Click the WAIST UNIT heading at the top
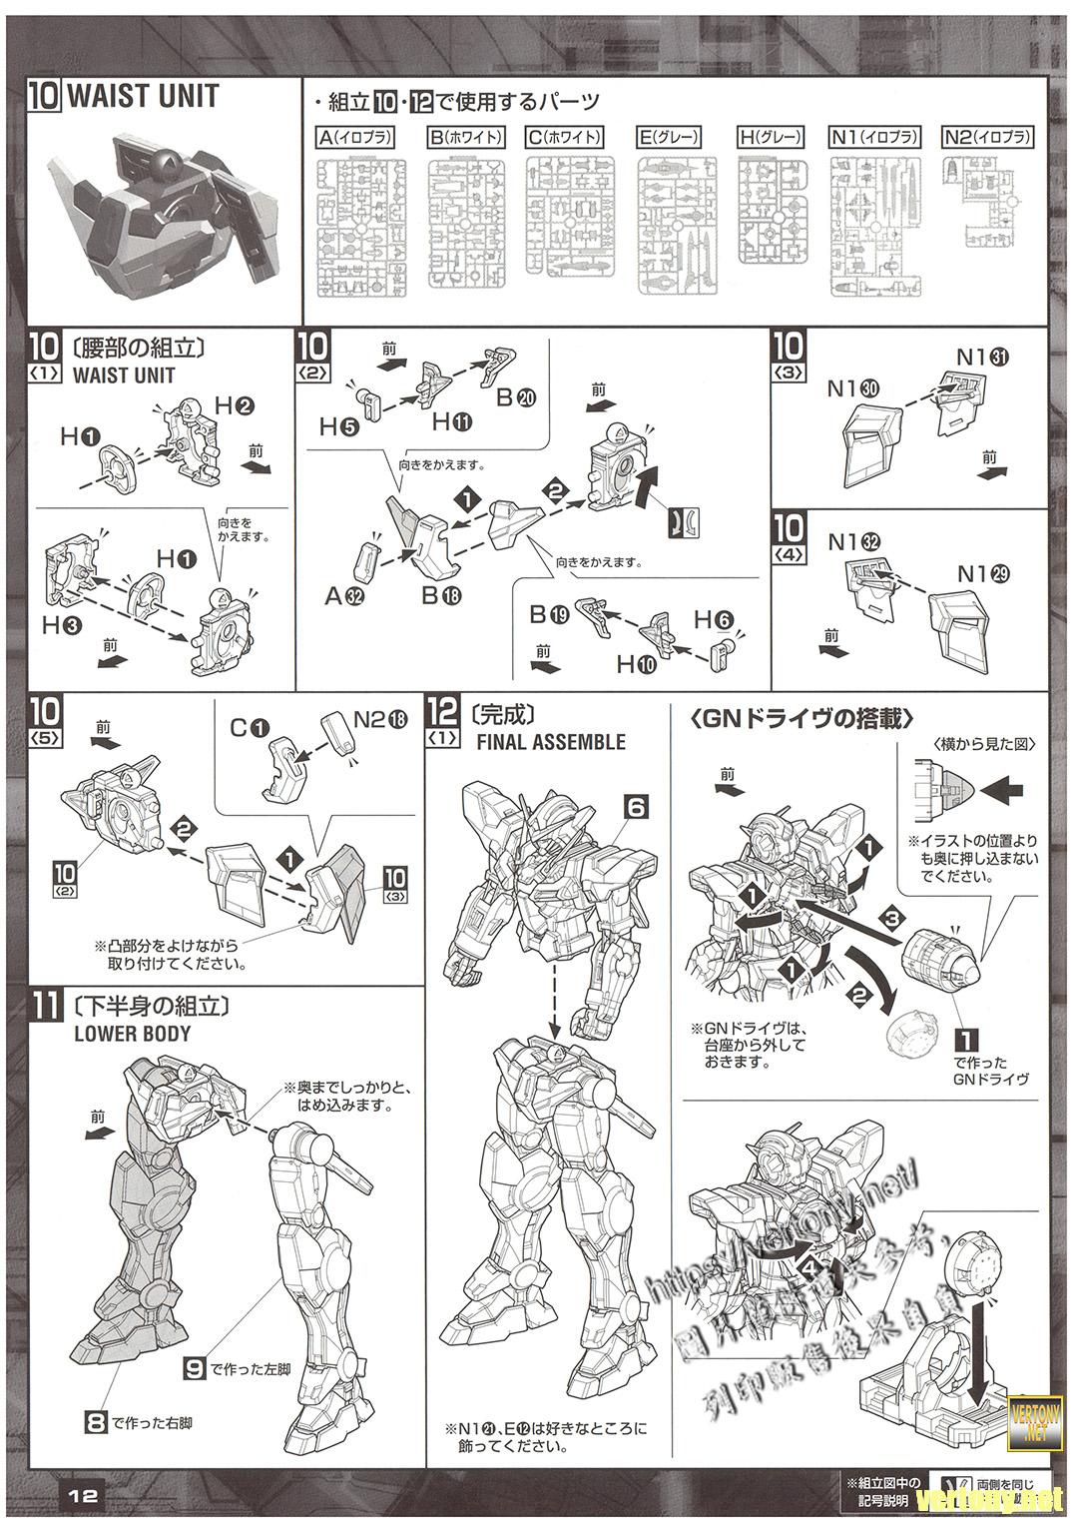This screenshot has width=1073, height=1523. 143,97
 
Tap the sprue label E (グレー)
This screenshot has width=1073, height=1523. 668,137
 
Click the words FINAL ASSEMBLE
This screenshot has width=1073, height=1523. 551,742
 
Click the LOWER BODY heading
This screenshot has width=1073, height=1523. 132,1034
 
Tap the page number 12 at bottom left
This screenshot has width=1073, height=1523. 84,1494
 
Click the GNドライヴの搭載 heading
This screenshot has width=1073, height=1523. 802,718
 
